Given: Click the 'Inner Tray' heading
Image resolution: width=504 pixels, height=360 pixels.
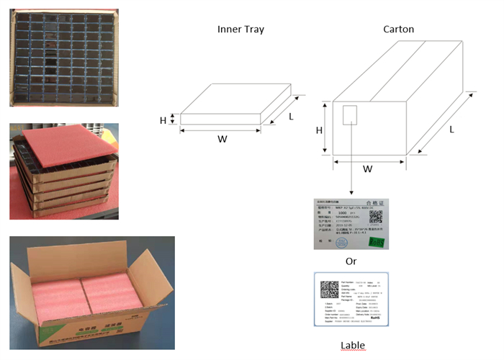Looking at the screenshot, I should tap(240, 30).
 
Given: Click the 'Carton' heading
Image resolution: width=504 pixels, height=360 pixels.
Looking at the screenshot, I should tap(398, 30).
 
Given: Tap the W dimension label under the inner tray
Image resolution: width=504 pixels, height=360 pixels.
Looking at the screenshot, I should tap(220, 139).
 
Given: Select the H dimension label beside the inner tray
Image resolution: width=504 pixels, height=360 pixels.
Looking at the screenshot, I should tap(163, 120).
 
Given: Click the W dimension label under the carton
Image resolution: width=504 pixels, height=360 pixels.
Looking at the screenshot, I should tap(368, 170).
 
